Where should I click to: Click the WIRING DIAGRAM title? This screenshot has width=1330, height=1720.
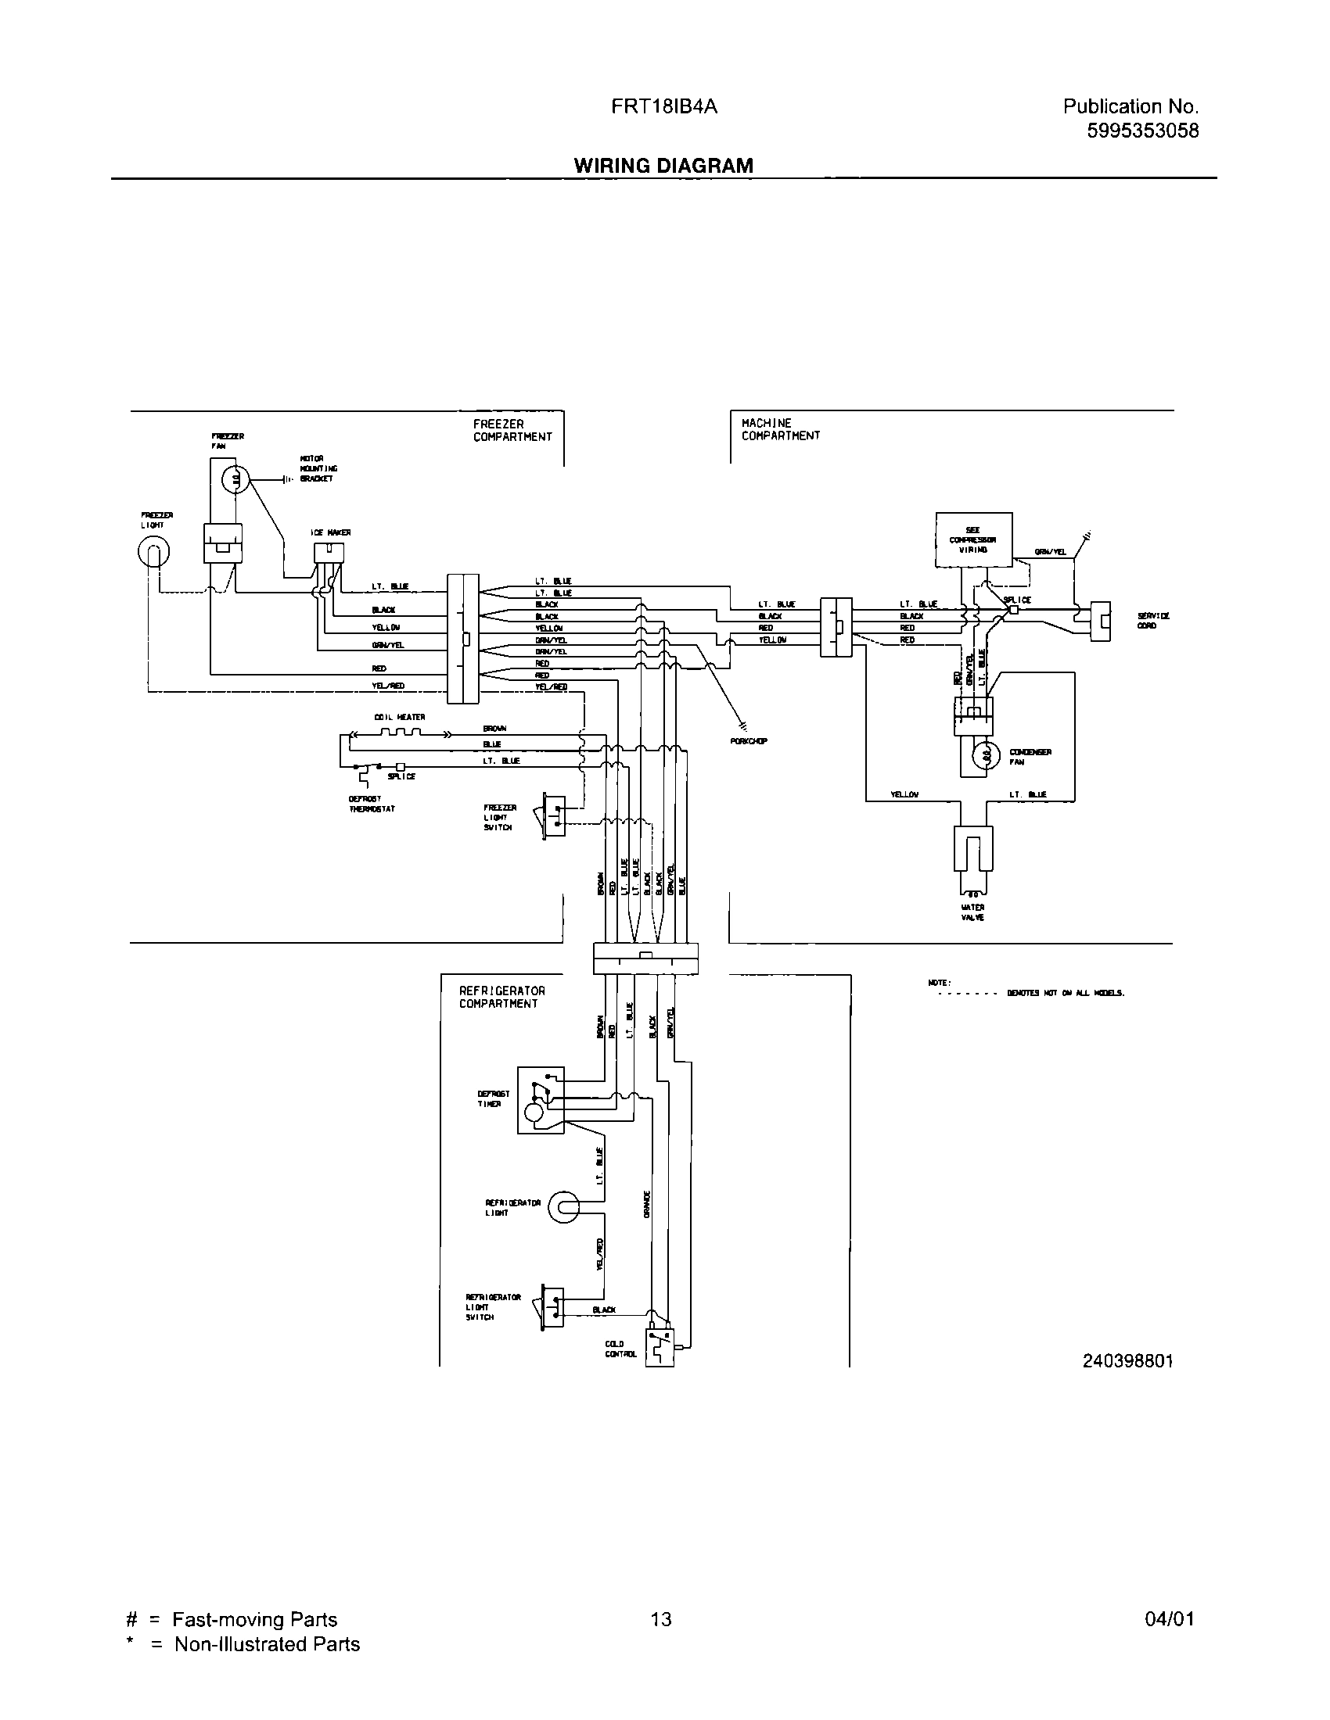663,166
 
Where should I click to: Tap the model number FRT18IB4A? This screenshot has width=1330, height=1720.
663,107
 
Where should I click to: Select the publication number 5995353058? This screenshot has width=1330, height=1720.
1142,131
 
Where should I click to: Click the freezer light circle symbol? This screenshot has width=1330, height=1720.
153,553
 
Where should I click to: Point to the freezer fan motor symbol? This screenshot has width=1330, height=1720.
234,477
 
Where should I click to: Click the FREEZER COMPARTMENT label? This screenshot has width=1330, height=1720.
512,430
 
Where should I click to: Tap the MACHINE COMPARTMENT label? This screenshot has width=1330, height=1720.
780,429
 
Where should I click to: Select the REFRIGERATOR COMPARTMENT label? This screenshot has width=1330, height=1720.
502,997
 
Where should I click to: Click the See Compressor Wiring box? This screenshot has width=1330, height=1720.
973,539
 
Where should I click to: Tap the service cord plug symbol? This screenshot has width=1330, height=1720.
1100,622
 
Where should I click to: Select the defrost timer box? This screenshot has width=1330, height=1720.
541,1100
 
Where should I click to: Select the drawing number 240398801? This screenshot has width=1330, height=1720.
1127,1361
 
